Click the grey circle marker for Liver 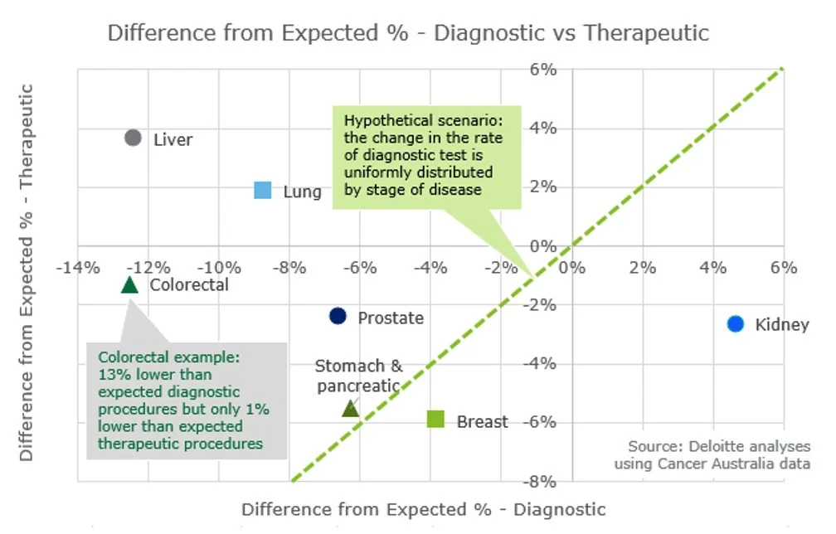pos(133,138)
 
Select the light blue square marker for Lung pos(263,190)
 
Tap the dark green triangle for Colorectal pos(129,284)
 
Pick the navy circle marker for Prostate pos(338,316)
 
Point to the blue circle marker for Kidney pos(736,323)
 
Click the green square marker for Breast pos(435,420)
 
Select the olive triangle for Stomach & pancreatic pos(350,408)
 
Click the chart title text pos(408,33)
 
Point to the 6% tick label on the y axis pos(543,70)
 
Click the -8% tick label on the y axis pos(541,481)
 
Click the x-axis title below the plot pos(424,509)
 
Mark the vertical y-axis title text pos(27,272)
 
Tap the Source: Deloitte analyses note pos(712,454)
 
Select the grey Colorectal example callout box pos(187,400)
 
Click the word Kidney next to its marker pos(781,324)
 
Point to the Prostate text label pos(391,318)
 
